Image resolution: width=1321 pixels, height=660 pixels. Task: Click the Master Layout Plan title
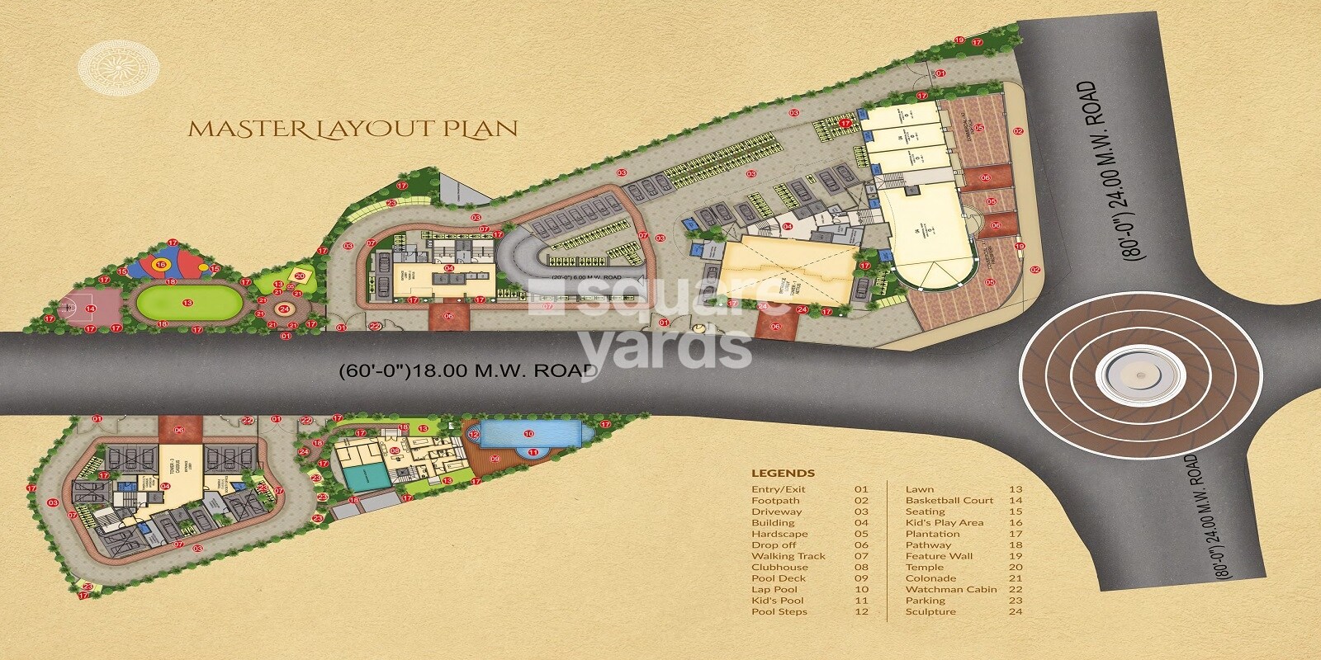tap(353, 129)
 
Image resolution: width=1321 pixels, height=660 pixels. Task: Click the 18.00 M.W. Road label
tap(468, 370)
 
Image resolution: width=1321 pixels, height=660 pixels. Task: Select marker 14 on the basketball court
tap(91, 309)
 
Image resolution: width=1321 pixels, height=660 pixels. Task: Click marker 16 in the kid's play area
tap(162, 264)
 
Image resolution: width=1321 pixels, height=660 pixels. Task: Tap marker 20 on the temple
tap(300, 276)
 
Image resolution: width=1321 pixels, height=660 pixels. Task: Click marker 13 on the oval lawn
tap(188, 303)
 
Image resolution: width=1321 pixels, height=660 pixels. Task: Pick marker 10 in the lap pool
tap(528, 433)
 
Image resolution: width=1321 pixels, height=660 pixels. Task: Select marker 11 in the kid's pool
tap(533, 453)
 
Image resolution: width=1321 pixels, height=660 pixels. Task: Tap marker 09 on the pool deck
tap(495, 459)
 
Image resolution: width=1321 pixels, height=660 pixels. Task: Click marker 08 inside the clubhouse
tap(395, 450)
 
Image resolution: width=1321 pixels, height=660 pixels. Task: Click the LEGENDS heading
tap(783, 474)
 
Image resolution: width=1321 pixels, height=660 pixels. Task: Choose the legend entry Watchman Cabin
tap(950, 589)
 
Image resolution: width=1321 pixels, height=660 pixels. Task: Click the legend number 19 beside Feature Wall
tap(1015, 556)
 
